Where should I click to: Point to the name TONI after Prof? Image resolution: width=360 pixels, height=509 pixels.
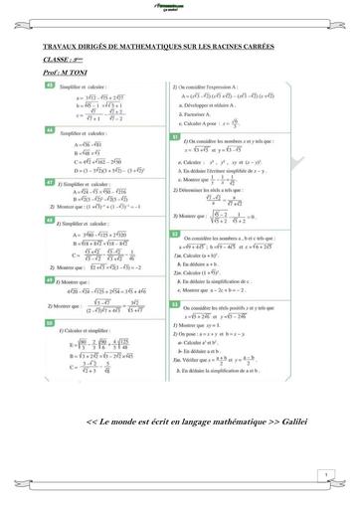86,73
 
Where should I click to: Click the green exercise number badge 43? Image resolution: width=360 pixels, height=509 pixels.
51,86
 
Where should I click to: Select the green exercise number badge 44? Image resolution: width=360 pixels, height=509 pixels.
51,130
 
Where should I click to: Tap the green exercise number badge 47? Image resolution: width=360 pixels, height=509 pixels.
51,184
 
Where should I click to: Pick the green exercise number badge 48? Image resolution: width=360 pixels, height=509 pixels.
51,218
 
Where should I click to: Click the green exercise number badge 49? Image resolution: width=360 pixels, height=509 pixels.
51,279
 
